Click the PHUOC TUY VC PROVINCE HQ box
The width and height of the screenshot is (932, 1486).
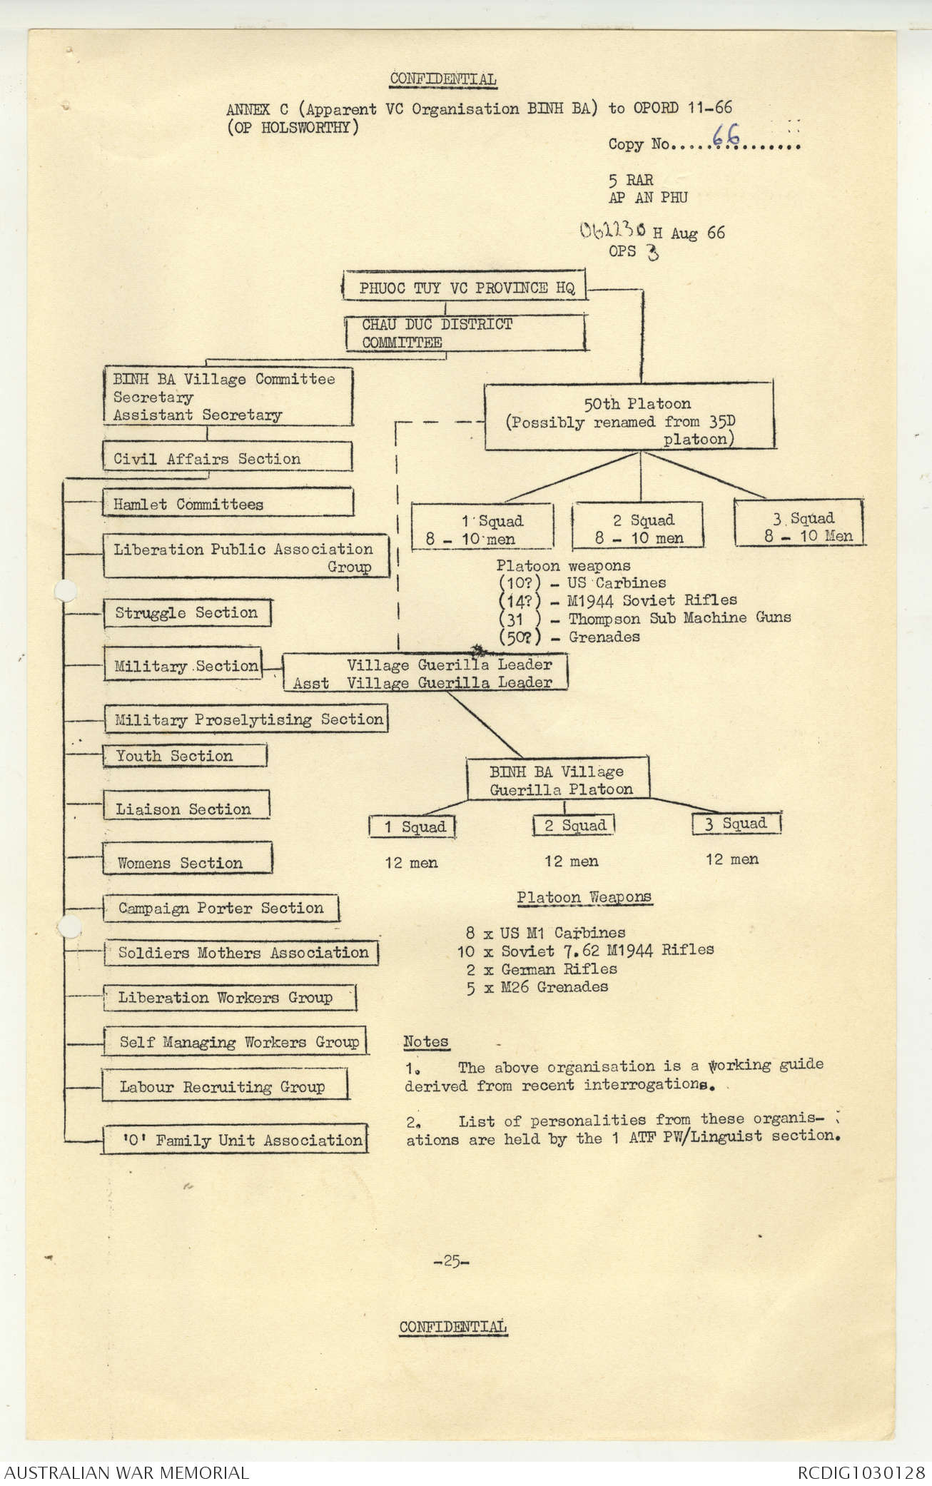[x=464, y=288]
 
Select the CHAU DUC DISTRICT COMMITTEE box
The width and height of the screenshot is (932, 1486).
[x=464, y=333]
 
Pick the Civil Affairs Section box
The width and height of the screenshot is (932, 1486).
[x=227, y=458]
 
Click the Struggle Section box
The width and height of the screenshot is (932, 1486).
[x=186, y=612]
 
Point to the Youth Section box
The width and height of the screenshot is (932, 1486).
[x=184, y=756]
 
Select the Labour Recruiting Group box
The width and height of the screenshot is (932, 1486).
[x=223, y=1087]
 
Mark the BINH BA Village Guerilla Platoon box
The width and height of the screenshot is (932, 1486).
[x=558, y=780]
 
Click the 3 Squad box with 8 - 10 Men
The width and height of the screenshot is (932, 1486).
[x=799, y=527]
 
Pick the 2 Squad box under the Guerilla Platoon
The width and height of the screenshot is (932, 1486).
[x=574, y=826]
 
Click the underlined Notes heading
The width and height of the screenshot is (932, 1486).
[x=425, y=1042]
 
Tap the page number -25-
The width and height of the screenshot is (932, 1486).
[x=451, y=1261]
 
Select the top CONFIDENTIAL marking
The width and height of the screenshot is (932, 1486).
[x=443, y=79]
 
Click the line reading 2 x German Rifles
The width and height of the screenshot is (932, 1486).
[x=540, y=969]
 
